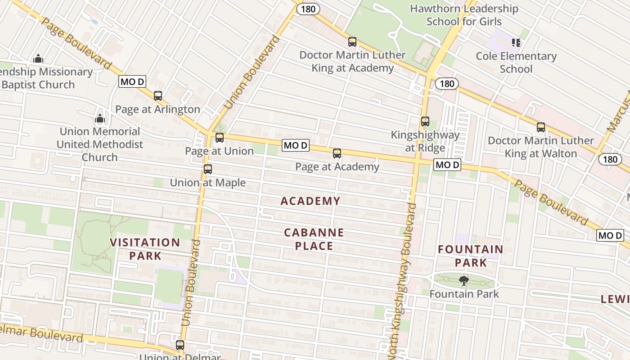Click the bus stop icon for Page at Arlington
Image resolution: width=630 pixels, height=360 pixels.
(x=157, y=96)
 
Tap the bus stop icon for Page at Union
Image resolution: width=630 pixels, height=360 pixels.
(x=220, y=138)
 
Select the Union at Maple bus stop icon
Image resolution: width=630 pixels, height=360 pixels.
(x=207, y=169)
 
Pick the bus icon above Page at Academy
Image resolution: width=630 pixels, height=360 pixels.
(x=337, y=153)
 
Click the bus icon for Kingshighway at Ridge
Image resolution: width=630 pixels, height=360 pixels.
(x=425, y=121)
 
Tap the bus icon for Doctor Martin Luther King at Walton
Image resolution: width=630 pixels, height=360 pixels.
(x=541, y=127)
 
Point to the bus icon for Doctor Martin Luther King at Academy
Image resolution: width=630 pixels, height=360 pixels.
(x=352, y=42)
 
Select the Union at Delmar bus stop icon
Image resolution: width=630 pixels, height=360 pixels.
(x=180, y=345)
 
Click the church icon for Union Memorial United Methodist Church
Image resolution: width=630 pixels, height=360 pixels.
(x=100, y=119)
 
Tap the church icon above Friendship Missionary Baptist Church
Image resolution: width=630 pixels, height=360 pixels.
(x=38, y=58)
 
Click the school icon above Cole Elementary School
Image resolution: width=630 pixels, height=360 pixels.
(x=516, y=43)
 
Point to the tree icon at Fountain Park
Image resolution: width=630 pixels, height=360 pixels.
(x=464, y=281)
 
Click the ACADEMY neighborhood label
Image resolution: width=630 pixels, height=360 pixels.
(x=310, y=201)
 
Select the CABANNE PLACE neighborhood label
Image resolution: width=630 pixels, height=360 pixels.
(x=314, y=239)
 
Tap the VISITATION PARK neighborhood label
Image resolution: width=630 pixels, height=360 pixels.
(x=145, y=249)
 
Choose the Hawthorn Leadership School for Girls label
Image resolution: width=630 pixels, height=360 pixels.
(x=464, y=15)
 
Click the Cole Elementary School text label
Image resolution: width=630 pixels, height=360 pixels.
(x=516, y=63)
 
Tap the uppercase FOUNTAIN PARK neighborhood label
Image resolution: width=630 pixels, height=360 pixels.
(x=471, y=256)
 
